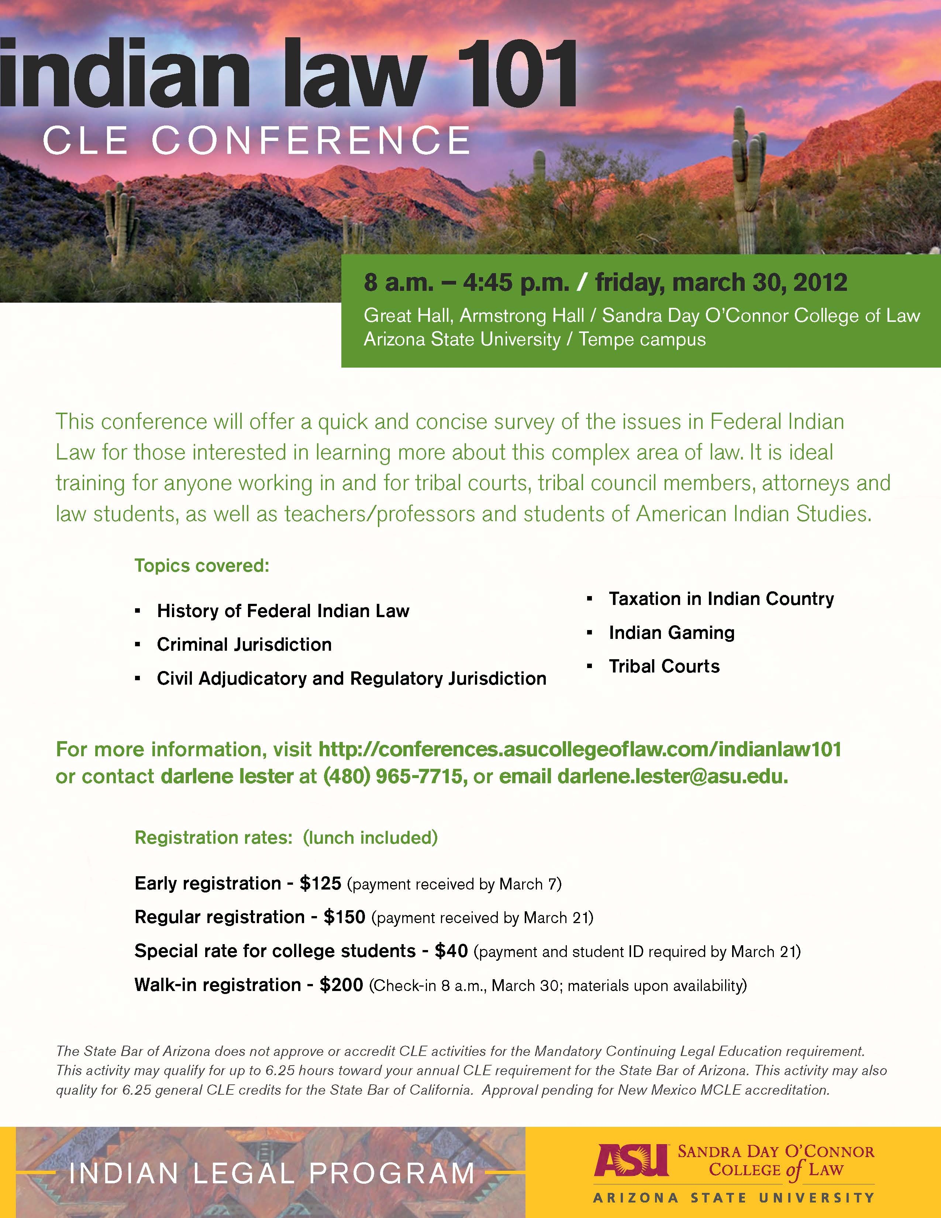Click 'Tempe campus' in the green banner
click(x=642, y=339)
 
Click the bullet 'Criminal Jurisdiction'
click(x=244, y=645)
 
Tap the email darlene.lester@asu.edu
click(x=672, y=776)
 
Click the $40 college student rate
click(x=451, y=951)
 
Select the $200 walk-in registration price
click(x=341, y=985)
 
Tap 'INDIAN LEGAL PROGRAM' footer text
click(x=272, y=1173)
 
